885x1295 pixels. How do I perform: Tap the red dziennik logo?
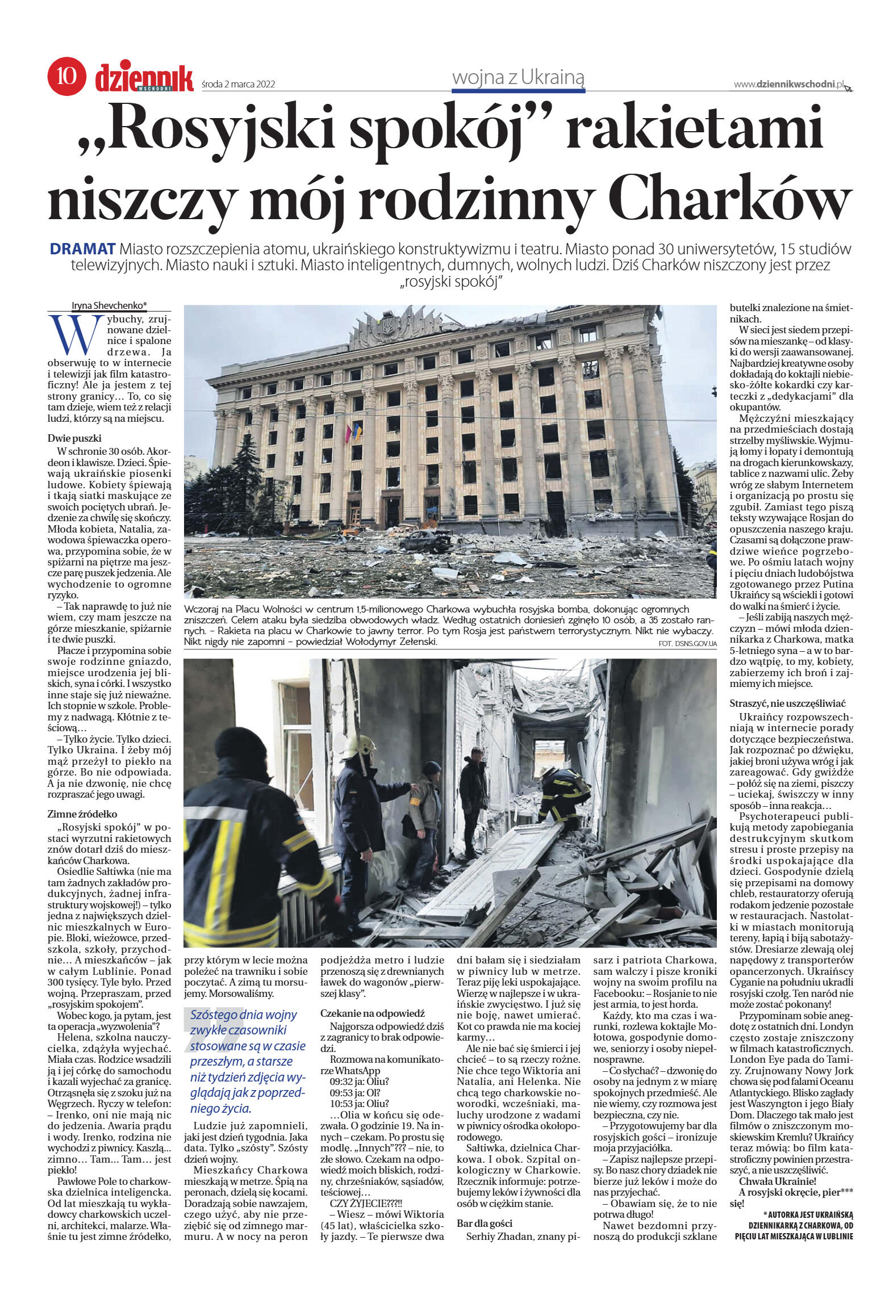(x=144, y=78)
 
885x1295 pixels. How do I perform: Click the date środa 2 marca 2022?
(x=239, y=85)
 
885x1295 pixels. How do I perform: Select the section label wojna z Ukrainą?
(x=518, y=78)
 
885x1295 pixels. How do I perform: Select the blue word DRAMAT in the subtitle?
(x=83, y=249)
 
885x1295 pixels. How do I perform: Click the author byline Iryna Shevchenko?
(x=109, y=305)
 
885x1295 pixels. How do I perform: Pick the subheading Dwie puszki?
(x=74, y=438)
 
